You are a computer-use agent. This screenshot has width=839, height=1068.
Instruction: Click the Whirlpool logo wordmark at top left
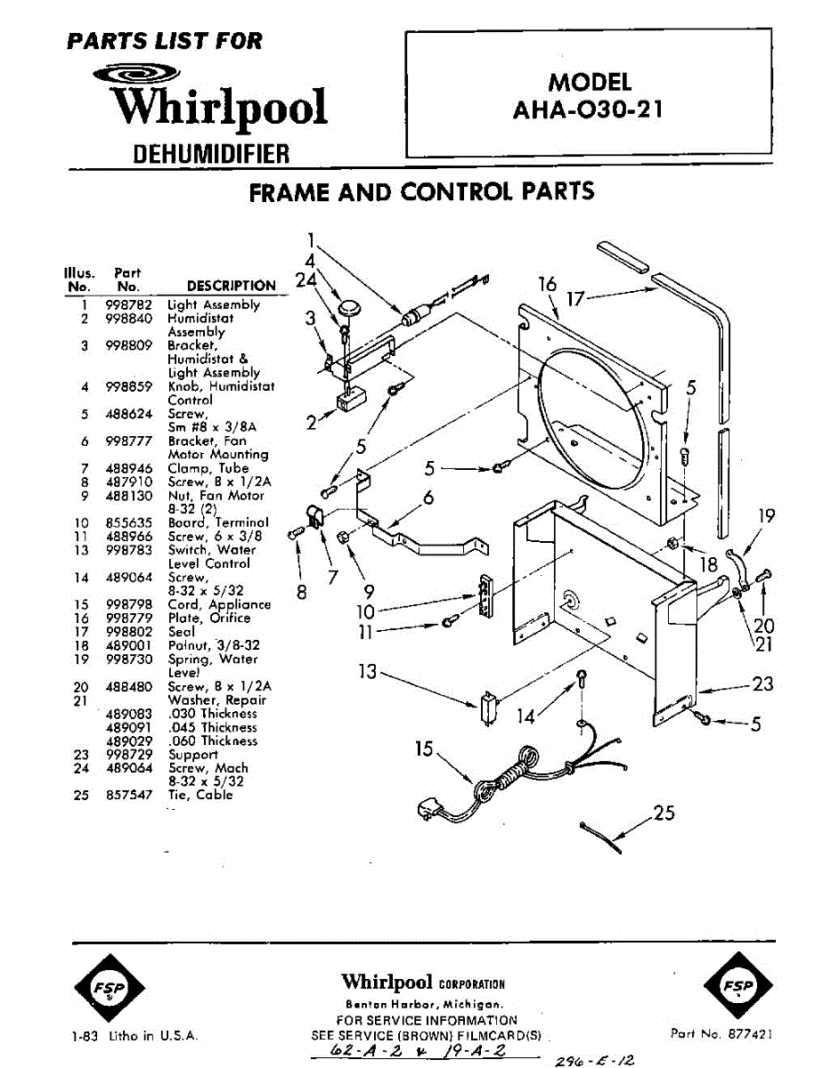pos(218,107)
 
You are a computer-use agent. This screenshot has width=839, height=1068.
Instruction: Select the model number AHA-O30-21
pos(588,111)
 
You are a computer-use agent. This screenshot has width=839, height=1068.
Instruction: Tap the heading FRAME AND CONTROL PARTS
pos(421,191)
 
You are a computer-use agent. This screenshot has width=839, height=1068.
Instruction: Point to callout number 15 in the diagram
pos(424,749)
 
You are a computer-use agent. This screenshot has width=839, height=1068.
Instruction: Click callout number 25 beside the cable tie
pos(664,812)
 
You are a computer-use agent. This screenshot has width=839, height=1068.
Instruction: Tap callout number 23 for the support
pos(762,684)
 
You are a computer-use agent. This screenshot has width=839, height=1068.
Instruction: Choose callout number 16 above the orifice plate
pos(547,284)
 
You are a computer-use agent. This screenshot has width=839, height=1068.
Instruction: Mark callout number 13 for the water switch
pos(368,671)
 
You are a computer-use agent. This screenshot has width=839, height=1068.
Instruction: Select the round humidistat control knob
pos(350,308)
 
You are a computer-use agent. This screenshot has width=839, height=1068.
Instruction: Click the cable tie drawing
pos(601,837)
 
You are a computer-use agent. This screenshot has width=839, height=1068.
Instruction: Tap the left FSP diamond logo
pos(109,987)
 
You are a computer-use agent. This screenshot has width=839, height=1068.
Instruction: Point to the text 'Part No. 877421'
pos(721,1034)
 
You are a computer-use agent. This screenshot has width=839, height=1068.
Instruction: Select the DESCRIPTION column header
pos(231,286)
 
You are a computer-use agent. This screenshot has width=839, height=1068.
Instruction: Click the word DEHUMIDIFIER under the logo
pos(211,153)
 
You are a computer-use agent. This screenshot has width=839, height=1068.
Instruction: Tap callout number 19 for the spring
pos(767,515)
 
